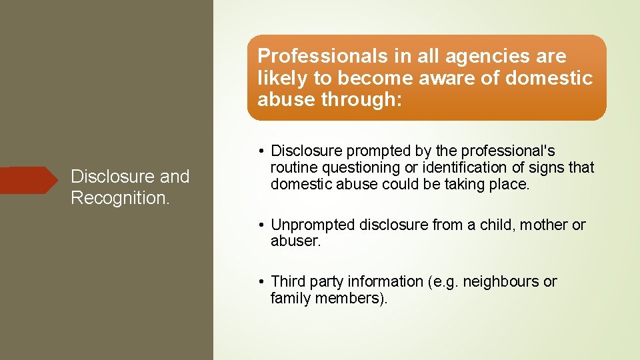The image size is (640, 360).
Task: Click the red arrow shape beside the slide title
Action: pyautogui.click(x=30, y=180)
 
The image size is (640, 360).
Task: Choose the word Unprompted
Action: pyautogui.click(x=313, y=225)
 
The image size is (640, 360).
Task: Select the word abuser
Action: pyautogui.click(x=295, y=241)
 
